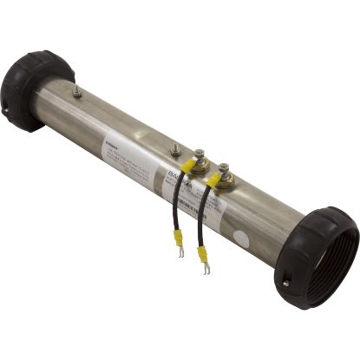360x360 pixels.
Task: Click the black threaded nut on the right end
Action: (x=317, y=256)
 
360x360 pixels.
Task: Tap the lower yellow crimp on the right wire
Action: (x=202, y=254)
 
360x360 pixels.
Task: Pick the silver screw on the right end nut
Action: (x=285, y=281)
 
